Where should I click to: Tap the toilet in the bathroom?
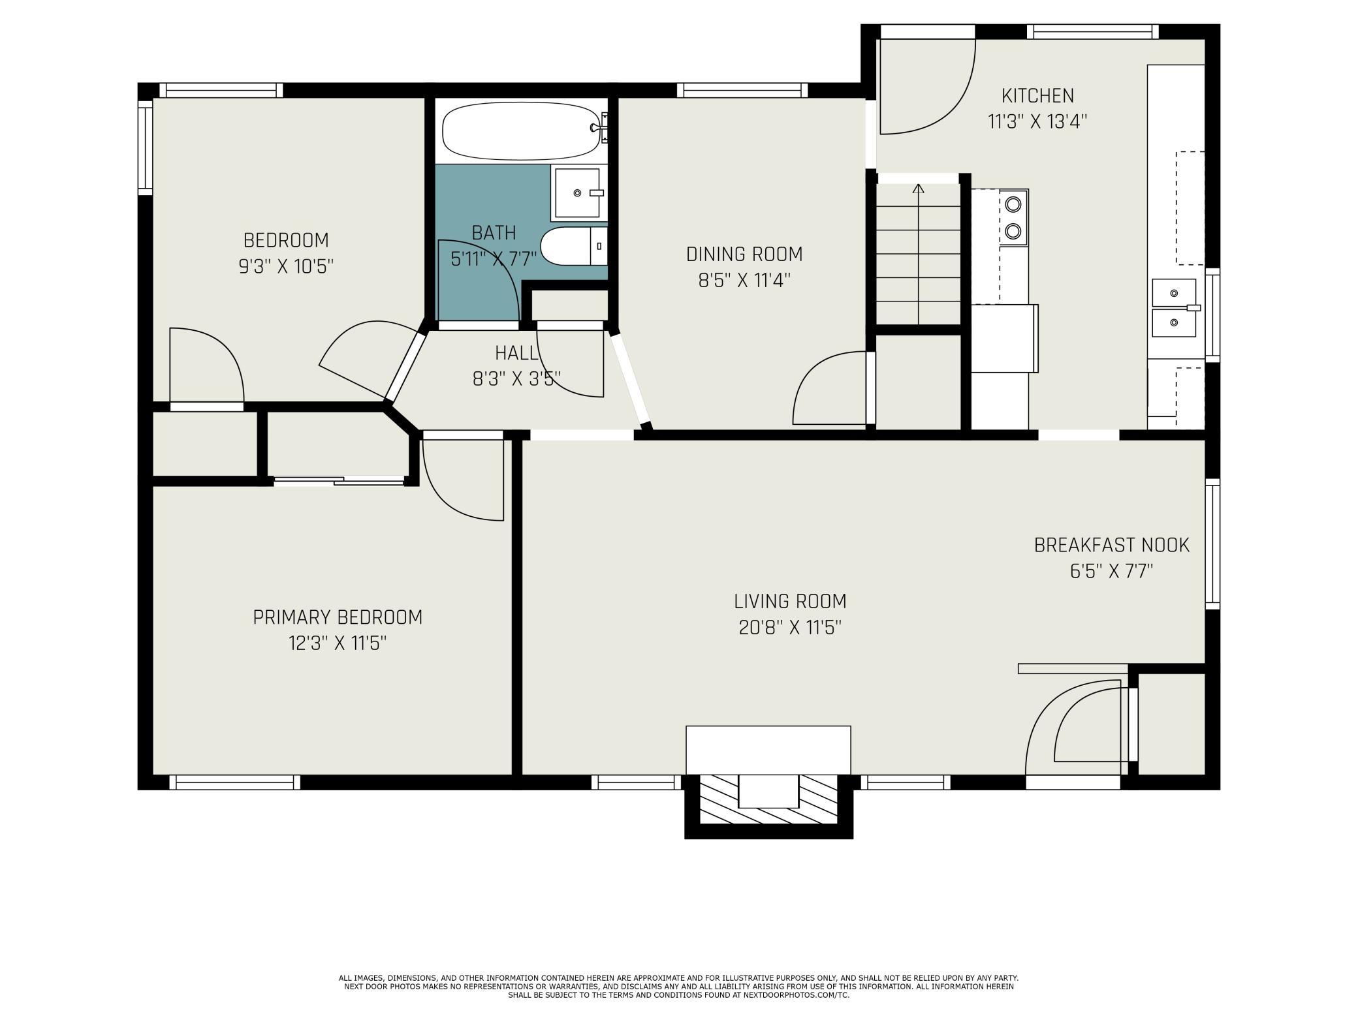point(575,246)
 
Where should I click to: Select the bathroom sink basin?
point(578,193)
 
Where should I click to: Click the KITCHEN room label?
point(1037,96)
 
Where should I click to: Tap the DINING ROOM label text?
point(744,254)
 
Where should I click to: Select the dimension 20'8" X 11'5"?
point(790,628)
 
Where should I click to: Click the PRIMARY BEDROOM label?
point(338,617)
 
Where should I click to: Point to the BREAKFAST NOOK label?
point(1112,545)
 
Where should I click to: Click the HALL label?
point(517,353)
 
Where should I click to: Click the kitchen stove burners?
point(1013,217)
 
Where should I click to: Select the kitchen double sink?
point(1174,308)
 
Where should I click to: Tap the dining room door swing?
point(830,388)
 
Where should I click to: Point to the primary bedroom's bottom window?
point(235,782)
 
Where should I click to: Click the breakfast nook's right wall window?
point(1212,544)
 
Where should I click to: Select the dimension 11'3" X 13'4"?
point(1037,122)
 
